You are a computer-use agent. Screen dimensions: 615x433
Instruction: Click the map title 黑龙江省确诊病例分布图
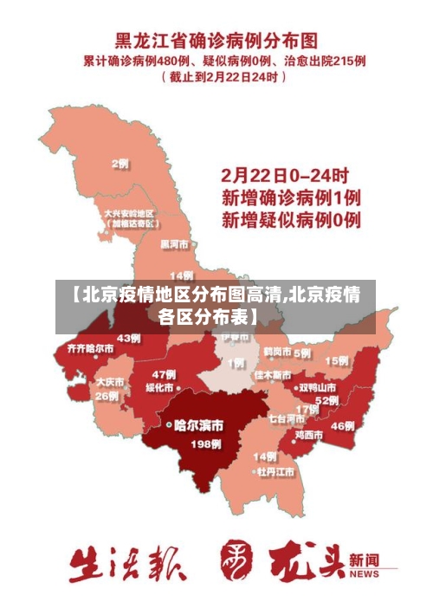[216, 40]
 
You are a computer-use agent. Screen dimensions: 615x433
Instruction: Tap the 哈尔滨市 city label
[198, 425]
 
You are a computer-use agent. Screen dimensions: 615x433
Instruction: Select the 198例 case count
[205, 444]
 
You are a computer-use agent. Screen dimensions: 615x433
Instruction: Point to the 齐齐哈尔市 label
[84, 348]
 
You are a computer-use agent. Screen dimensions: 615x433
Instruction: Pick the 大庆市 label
[110, 381]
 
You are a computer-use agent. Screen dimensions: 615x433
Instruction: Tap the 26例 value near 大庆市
[107, 396]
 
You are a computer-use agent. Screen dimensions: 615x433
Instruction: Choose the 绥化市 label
[159, 387]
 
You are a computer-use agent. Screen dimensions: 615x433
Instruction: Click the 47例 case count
[164, 374]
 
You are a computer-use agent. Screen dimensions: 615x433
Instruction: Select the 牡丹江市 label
[275, 472]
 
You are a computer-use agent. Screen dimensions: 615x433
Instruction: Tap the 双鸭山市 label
[317, 387]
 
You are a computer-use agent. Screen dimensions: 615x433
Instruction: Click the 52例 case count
[326, 400]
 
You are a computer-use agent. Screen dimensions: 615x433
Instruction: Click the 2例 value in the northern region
[120, 163]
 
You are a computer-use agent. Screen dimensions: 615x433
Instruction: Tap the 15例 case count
[336, 360]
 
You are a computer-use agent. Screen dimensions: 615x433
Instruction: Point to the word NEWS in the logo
[365, 573]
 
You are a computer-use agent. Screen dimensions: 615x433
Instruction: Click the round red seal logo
[236, 560]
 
